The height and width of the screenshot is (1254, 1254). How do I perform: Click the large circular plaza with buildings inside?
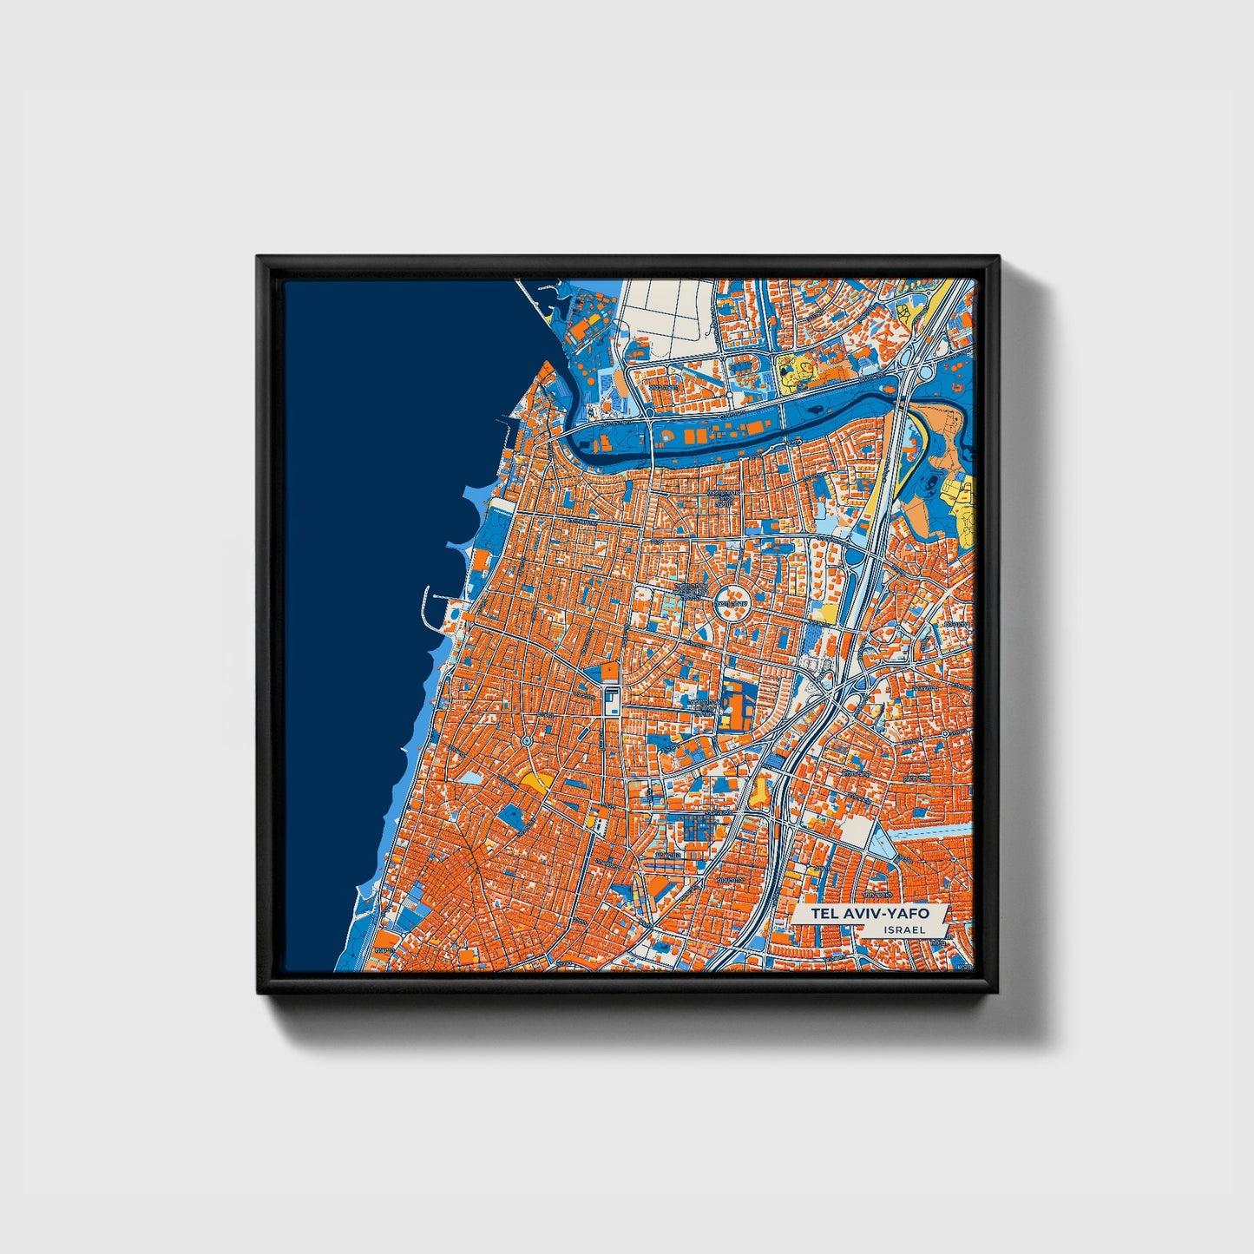(732, 596)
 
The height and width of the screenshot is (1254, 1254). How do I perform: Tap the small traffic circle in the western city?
(527, 742)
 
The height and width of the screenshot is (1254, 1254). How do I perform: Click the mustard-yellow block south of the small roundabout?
(535, 779)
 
